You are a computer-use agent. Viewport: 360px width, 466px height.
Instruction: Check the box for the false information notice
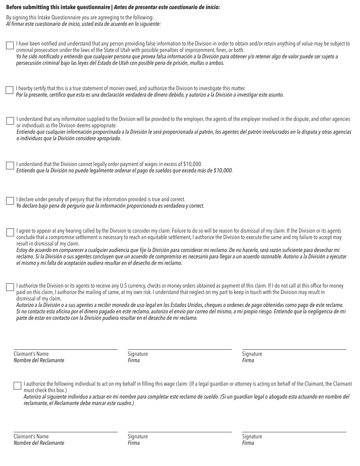click(10, 45)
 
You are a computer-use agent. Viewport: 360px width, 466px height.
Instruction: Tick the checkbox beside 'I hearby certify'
click(9, 90)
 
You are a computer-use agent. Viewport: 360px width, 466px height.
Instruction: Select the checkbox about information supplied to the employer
click(10, 121)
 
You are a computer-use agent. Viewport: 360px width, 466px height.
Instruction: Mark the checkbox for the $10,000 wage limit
click(10, 166)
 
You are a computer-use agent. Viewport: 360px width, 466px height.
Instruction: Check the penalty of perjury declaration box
click(10, 201)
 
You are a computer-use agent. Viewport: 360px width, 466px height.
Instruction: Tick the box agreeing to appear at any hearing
click(10, 232)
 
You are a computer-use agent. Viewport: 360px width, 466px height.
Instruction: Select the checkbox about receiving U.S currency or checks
click(10, 287)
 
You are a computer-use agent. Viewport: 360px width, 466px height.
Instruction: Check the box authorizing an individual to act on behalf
click(17, 386)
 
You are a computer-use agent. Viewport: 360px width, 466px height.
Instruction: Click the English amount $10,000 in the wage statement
click(193, 164)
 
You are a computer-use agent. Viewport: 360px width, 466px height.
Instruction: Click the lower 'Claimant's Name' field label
click(31, 436)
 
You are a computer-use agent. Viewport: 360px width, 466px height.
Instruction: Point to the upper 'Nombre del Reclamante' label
click(39, 360)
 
